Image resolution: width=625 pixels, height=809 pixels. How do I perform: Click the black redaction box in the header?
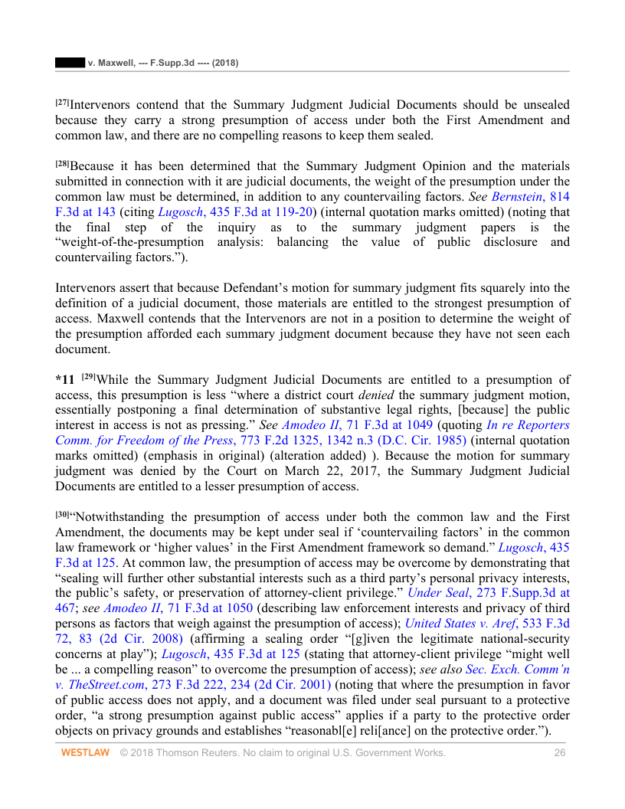point(69,62)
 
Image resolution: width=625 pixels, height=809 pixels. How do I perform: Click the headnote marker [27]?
point(62,102)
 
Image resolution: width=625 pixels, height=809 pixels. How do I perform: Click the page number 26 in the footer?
point(560,753)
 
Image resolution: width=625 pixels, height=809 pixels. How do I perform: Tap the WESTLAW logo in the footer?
point(85,753)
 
